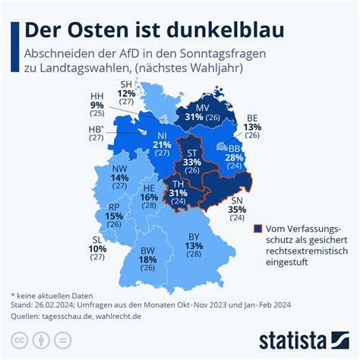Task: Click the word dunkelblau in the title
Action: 224,30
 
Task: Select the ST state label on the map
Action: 193,152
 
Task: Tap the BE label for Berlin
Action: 251,118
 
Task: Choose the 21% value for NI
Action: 161,144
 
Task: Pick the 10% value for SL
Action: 96,248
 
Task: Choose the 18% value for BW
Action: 149,259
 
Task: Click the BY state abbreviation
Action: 194,236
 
